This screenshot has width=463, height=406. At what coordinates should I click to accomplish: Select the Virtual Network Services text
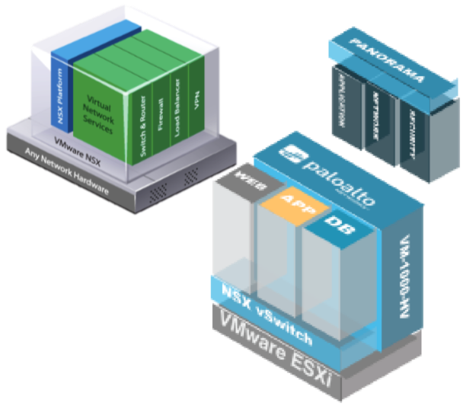point(100,114)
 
